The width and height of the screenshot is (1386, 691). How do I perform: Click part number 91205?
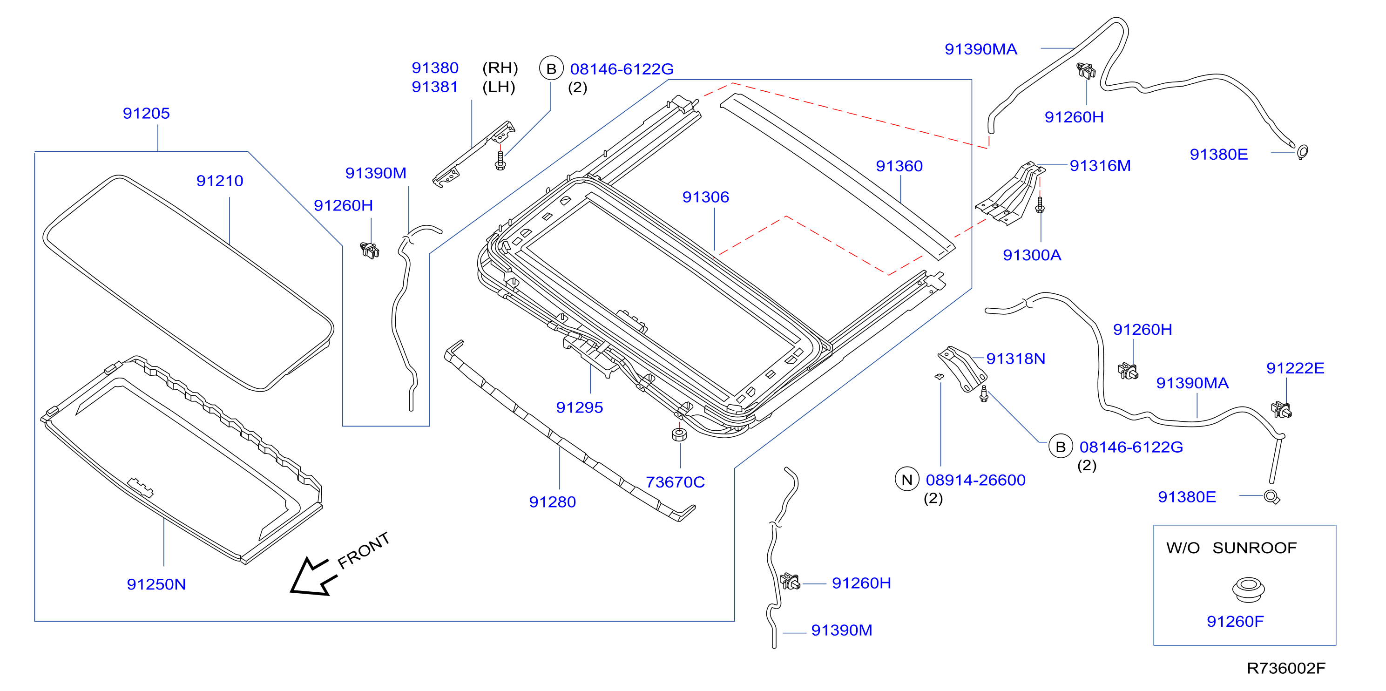tap(146, 114)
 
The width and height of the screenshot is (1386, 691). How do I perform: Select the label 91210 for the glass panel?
tap(220, 181)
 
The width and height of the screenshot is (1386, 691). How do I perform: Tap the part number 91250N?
tap(156, 584)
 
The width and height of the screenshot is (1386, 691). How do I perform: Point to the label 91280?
tap(552, 502)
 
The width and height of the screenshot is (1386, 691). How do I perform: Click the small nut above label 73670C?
tap(680, 434)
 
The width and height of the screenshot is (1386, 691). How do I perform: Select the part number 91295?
tap(580, 407)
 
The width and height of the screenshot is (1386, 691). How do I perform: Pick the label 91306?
tap(705, 197)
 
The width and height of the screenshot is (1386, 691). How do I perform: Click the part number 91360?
tap(899, 166)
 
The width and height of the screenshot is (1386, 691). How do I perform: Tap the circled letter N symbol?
tap(906, 479)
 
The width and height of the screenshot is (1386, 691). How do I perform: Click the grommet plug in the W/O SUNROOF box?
tap(1248, 590)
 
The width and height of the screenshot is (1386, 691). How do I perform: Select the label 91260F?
tap(1235, 622)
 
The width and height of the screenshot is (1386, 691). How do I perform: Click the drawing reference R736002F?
tap(1286, 668)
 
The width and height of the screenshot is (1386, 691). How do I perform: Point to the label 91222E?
tap(1295, 368)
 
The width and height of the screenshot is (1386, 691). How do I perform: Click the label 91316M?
tap(1100, 166)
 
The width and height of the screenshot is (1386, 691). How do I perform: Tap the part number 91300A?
tap(1032, 255)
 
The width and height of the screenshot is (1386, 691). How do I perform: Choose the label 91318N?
tap(1015, 359)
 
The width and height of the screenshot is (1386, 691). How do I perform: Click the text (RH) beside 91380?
tap(500, 68)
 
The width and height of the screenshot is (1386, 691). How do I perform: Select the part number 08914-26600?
tap(975, 480)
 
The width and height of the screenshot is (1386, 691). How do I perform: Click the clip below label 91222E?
tap(1282, 410)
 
